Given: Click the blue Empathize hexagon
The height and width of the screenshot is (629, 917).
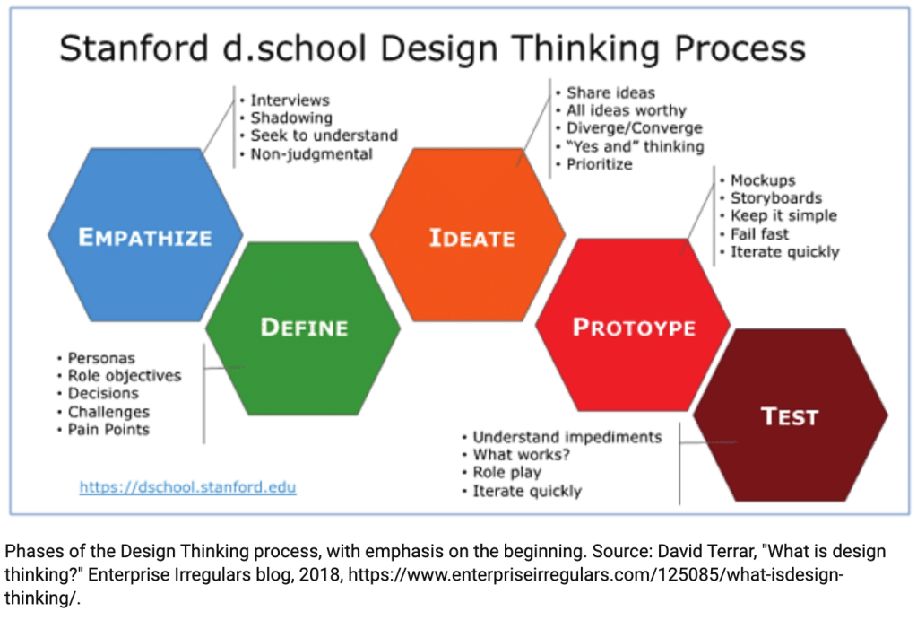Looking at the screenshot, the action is click(145, 235).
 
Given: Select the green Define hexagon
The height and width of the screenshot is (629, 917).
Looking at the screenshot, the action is click(303, 328).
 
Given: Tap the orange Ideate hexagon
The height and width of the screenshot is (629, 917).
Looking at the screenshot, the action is click(468, 235).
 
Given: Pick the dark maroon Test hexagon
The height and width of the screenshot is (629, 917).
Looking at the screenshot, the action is click(790, 415).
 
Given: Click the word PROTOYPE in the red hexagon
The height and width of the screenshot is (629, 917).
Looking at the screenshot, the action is click(634, 328).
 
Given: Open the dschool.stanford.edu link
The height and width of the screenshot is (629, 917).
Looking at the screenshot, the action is click(187, 487).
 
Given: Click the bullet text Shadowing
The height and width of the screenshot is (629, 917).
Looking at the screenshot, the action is click(291, 118).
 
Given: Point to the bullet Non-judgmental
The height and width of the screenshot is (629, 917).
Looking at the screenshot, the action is click(311, 154).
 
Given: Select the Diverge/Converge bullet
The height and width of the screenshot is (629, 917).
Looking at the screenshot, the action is click(634, 128).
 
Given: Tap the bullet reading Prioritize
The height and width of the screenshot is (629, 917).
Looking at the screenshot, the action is click(599, 164).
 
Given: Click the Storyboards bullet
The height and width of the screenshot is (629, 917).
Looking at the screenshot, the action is click(776, 198).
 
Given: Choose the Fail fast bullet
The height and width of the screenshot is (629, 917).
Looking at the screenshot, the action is click(759, 234).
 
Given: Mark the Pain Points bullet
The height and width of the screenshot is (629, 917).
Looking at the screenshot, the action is click(108, 429).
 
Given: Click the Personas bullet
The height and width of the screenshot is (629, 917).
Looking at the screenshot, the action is click(101, 358).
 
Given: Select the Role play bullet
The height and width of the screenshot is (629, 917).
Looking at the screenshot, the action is click(506, 472).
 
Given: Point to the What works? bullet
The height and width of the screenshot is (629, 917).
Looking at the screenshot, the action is click(521, 454).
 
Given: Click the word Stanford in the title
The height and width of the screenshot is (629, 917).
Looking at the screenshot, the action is click(134, 48).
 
